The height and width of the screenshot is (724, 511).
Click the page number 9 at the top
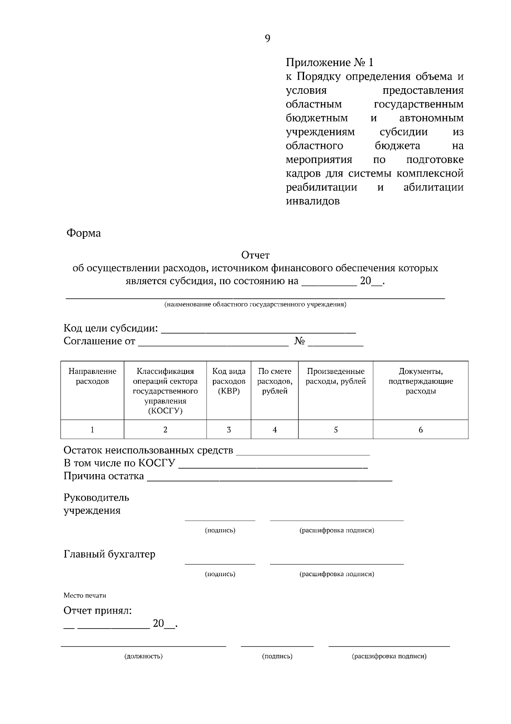267,39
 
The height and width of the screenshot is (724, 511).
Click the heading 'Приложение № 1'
329,63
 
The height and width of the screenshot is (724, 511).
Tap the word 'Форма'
83,233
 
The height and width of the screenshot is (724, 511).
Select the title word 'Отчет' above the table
255,255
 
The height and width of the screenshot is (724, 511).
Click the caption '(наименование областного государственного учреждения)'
255,305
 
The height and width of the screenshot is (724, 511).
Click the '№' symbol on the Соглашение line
300,341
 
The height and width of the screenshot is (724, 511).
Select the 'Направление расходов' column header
92,376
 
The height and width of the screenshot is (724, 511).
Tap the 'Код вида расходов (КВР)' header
229,381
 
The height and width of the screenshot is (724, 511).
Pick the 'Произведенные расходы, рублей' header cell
336,376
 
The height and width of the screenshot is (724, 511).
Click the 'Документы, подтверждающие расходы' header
420,381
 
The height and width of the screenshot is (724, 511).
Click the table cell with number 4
275,429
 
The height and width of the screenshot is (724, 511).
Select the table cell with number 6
420,429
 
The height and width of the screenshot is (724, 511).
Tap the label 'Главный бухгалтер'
109,554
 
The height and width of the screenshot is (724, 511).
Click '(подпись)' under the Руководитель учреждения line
220,530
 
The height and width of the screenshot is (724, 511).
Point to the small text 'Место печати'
85,595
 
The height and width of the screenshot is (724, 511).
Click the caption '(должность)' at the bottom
144,656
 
